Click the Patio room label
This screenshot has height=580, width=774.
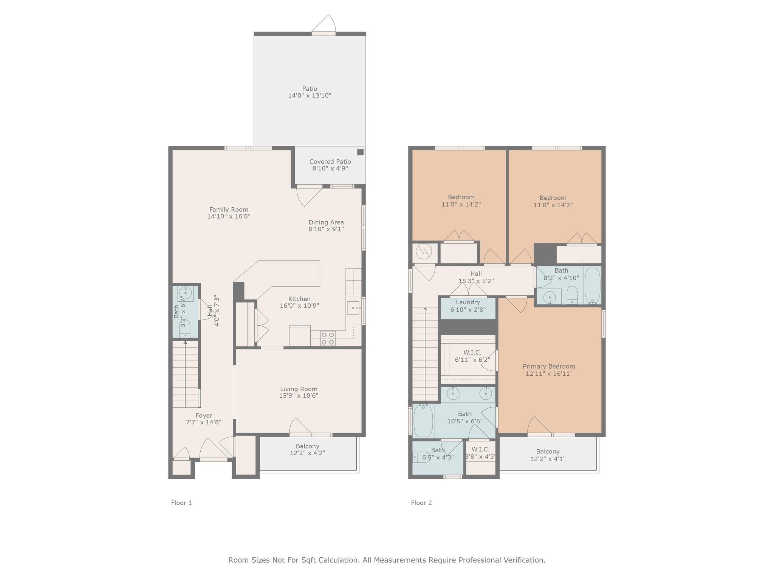[x=310, y=89]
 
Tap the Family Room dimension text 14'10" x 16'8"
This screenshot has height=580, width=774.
[x=229, y=216]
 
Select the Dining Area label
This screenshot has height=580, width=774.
[x=326, y=222]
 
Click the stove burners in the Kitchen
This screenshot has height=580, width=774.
[x=328, y=338]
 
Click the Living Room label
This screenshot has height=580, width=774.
[x=299, y=389]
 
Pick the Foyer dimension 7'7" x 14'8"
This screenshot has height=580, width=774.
[x=204, y=422]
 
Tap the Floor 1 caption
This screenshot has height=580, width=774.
[x=181, y=503]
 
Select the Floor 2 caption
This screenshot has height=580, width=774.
[x=421, y=503]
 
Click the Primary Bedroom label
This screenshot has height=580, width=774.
[x=549, y=366]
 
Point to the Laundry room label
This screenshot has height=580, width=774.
[x=468, y=302]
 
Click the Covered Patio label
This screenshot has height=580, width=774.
[x=330, y=162]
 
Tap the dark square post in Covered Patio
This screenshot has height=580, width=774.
[x=361, y=152]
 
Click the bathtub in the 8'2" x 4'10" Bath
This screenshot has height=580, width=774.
[x=592, y=285]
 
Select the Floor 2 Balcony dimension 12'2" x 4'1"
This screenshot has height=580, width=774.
[x=548, y=459]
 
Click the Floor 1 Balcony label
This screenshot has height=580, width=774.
[x=308, y=446]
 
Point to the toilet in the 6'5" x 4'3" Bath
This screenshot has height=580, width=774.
[x=418, y=457]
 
